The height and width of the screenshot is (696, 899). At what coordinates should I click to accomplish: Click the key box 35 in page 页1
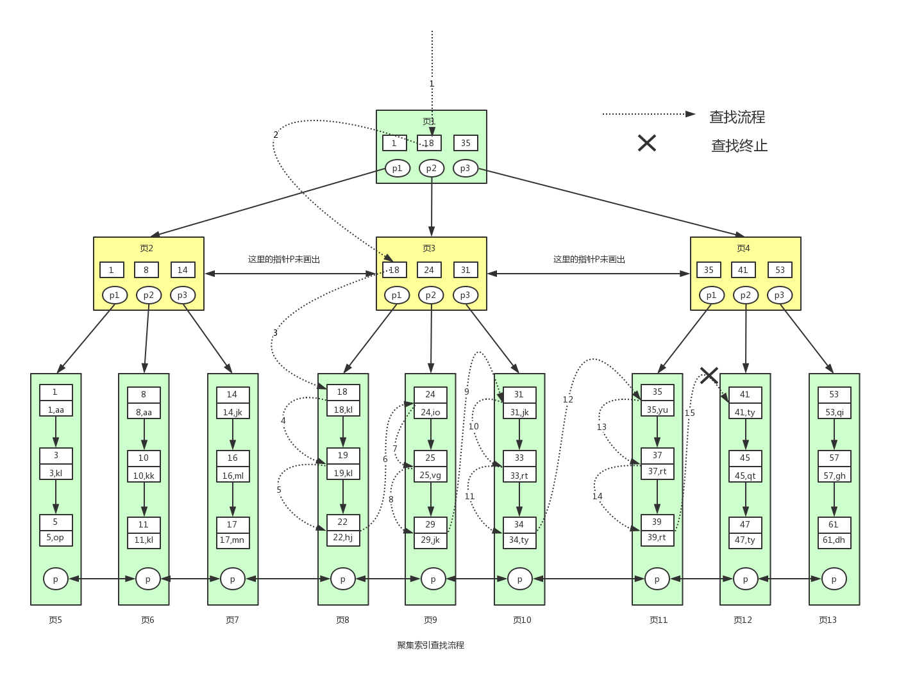point(466,143)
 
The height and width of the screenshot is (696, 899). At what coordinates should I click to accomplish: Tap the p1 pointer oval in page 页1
point(398,168)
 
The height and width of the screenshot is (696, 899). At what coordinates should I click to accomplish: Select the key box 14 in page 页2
point(183,270)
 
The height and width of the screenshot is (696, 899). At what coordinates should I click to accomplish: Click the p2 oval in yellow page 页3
point(431,295)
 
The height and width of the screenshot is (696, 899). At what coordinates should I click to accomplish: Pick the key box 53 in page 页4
point(780,270)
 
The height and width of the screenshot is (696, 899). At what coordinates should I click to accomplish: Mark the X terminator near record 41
point(709,376)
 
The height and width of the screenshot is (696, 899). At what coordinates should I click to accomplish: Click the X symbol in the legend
point(647,143)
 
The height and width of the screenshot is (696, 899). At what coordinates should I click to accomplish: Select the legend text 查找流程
point(737,117)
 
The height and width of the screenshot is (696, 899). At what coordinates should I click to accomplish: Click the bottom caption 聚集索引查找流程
point(430,645)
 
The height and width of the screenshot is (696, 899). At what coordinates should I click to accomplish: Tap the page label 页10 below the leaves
point(522,620)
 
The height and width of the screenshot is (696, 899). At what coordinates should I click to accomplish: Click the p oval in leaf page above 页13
point(834,579)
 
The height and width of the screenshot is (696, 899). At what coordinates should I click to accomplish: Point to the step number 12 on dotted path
point(568,399)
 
